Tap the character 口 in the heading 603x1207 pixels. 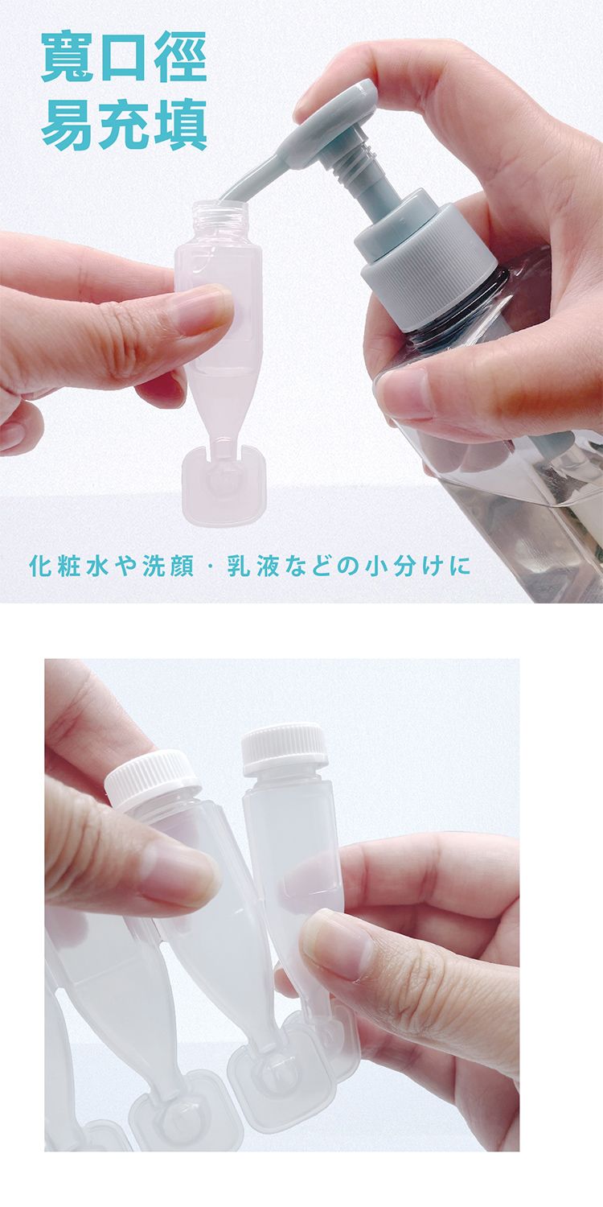[x=125, y=58]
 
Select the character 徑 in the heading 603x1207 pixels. [x=180, y=58]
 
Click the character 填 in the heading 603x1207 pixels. [x=180, y=125]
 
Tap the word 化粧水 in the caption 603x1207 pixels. [x=69, y=566]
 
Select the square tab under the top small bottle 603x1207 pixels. [x=224, y=488]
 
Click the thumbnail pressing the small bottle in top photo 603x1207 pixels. [x=200, y=312]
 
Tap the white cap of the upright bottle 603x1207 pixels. [x=284, y=749]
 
